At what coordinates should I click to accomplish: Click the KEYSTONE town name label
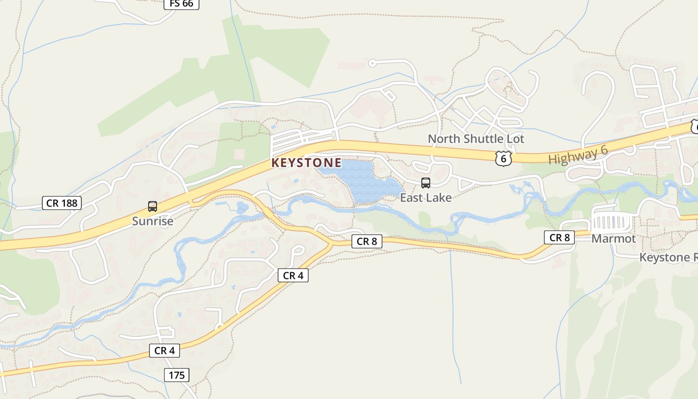point(307,163)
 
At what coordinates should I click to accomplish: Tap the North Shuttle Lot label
point(476,139)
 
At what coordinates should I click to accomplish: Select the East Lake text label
point(426,198)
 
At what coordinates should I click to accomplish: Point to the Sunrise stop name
point(153,221)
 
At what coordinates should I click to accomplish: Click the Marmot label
point(614,238)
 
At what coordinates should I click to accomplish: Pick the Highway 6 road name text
point(578,156)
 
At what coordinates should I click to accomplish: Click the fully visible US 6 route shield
point(504,159)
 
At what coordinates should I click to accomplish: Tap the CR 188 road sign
point(61,203)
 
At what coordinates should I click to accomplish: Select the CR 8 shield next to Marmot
point(559,237)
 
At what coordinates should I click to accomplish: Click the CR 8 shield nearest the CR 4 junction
point(367,241)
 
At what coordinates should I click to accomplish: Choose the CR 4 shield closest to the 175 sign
point(165,351)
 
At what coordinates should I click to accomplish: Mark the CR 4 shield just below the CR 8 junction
point(293,275)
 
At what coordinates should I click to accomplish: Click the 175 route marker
point(176,375)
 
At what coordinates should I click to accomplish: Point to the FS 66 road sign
point(181,4)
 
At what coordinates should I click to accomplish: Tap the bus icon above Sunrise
point(153,206)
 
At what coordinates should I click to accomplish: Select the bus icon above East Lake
point(426,183)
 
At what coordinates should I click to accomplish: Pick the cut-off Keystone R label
point(668,257)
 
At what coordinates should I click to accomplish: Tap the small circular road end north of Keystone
point(372,63)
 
